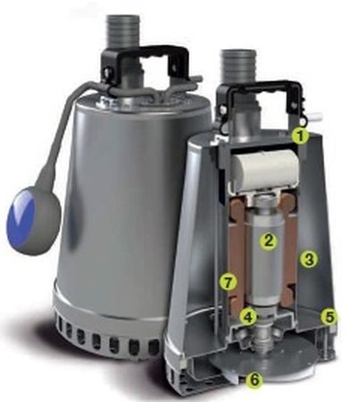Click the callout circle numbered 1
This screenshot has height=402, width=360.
tap(301, 136)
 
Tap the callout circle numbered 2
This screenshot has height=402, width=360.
tap(268, 240)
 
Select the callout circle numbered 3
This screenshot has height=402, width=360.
tap(309, 259)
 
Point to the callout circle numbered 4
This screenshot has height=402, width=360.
tap(248, 317)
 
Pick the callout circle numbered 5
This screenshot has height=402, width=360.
tap(330, 317)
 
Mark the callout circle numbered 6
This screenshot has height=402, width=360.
tap(255, 379)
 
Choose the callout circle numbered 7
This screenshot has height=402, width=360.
tap(228, 282)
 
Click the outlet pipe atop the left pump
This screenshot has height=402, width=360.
tap(122, 31)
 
